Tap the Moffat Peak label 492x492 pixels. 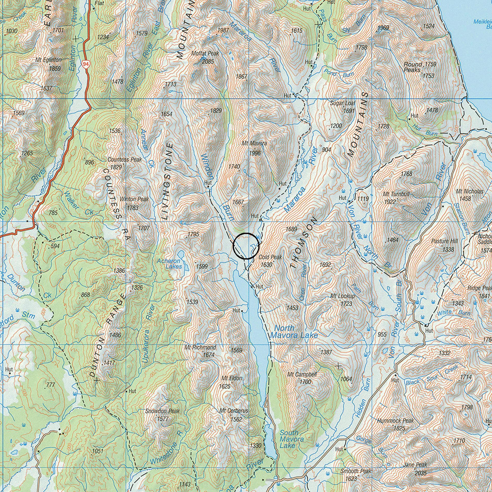(x=205, y=53)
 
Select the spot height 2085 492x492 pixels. (x=208, y=62)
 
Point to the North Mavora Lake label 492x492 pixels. (x=294, y=332)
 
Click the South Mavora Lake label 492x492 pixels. (x=292, y=439)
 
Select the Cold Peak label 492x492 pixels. (x=270, y=257)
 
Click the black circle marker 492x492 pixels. (x=246, y=246)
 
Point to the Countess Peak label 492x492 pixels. (x=125, y=160)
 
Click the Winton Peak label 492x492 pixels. (x=134, y=199)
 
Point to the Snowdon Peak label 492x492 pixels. (x=162, y=411)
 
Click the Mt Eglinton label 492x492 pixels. (x=48, y=60)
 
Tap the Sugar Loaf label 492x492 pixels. (x=343, y=103)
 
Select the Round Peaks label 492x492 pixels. (x=413, y=67)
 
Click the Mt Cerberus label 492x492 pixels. (x=234, y=411)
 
